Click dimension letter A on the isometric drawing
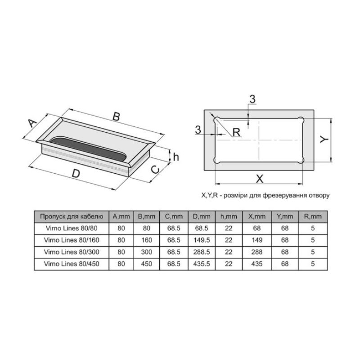point(32,123)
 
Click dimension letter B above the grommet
point(117,117)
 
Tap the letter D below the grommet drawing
point(76,174)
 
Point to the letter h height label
point(176,157)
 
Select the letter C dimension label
point(155,170)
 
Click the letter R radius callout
point(236,132)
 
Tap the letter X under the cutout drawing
point(260,179)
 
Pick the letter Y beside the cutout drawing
point(324,139)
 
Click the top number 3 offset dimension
point(252,99)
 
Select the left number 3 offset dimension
point(198,130)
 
